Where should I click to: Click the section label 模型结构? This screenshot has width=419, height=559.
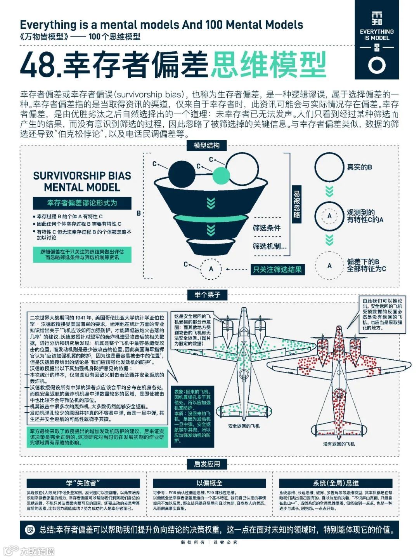[207, 146]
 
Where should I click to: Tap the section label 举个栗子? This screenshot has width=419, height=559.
[207, 295]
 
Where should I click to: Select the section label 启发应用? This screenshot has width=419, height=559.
[207, 464]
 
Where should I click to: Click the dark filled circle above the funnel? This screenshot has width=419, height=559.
[182, 173]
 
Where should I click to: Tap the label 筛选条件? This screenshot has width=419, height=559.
[267, 228]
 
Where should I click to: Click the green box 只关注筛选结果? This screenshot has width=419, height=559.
[277, 269]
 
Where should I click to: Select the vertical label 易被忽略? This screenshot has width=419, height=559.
[297, 204]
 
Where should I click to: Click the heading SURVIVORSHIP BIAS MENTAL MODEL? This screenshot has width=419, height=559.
[82, 181]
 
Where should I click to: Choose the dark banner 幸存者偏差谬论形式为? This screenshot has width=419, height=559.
[82, 203]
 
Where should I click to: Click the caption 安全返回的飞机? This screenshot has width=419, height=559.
[244, 426]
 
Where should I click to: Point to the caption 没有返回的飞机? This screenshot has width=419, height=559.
[339, 444]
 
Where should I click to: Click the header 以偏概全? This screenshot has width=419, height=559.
[209, 483]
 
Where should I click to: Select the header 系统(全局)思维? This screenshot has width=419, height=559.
[336, 483]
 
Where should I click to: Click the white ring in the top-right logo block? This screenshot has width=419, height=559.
[377, 65]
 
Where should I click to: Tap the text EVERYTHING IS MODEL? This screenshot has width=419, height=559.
[377, 35]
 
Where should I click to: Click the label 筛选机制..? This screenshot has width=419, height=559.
[269, 246]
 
